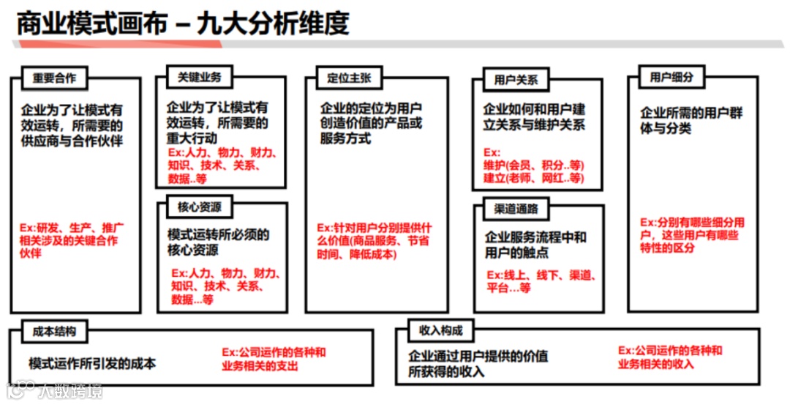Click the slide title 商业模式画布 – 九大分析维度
183,23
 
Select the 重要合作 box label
54,78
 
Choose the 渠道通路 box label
516,209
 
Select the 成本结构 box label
54,331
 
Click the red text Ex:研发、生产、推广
72,228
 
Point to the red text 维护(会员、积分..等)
533,165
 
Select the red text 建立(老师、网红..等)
533,178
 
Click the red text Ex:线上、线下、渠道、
542,275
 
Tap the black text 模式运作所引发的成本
92,363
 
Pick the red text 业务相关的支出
260,365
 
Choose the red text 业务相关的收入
655,364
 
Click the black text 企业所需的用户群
691,114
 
